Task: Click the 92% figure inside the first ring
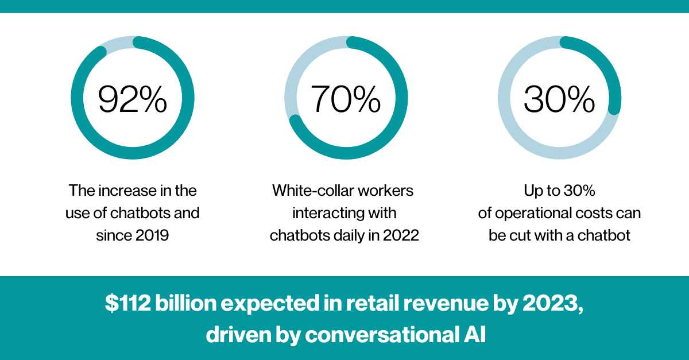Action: pos(133,99)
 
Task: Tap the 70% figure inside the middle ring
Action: pos(346,99)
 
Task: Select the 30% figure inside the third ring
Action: pos(559,99)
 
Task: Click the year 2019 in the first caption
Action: pos(152,235)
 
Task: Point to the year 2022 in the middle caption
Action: pos(401,235)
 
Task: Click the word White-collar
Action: pos(312,191)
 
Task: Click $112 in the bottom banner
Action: pos(128,303)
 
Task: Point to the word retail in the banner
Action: pos(373,303)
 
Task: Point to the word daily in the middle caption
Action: pos(350,235)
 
